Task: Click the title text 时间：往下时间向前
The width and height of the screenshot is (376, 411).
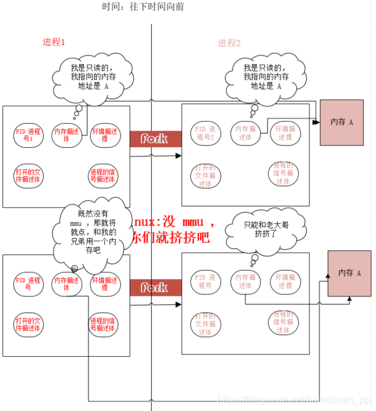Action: tap(143, 7)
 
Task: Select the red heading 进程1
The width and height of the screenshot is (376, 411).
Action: tap(54, 43)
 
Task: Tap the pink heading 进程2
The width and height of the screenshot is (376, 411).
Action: tap(229, 43)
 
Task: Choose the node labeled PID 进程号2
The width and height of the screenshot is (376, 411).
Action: tap(204, 134)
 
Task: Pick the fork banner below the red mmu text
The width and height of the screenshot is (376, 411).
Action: tap(155, 287)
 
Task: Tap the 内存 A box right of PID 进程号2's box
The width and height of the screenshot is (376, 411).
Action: tap(342, 123)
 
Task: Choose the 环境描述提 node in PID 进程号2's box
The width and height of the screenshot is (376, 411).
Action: tap(285, 134)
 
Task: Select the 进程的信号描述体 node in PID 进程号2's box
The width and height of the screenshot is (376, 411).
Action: tap(283, 173)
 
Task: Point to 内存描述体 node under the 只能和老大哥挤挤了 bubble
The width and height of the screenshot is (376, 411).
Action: tap(245, 282)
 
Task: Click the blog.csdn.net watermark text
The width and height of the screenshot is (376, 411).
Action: tap(296, 400)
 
